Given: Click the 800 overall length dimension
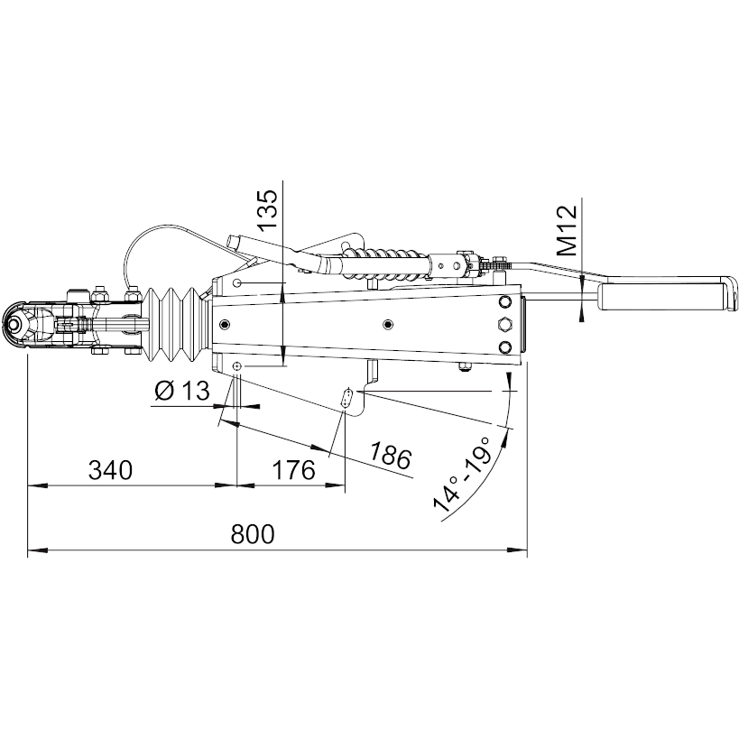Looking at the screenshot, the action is tap(252, 534).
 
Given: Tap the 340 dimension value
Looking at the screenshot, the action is tap(111, 470).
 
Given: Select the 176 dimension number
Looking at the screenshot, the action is tap(293, 470).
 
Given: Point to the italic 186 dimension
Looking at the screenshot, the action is tap(390, 456).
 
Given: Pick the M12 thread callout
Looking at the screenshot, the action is tap(567, 231).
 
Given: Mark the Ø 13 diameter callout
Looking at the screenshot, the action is tap(182, 390).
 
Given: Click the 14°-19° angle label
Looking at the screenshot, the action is tap(462, 474).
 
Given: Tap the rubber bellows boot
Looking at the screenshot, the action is tap(175, 325).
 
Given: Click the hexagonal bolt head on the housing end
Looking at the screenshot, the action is tap(504, 324).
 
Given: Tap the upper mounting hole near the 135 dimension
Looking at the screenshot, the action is tap(237, 282).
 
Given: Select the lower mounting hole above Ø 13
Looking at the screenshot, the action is tap(237, 366).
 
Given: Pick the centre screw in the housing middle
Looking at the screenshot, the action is tap(388, 324).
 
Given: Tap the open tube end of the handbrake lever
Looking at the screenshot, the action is tap(233, 241).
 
